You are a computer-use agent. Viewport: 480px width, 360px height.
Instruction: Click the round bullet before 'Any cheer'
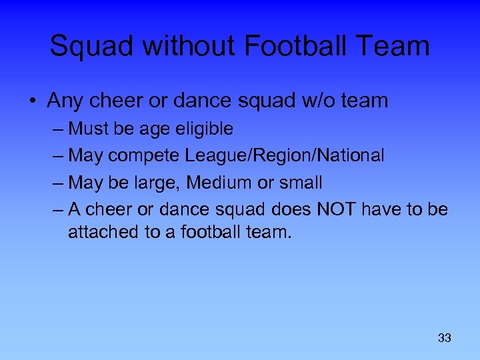(33, 101)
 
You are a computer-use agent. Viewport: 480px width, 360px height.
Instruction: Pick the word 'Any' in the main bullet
(64, 101)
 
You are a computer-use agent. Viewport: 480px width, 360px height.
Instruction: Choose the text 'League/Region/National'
(285, 155)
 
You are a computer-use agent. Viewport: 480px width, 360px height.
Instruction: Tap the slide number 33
(445, 338)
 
